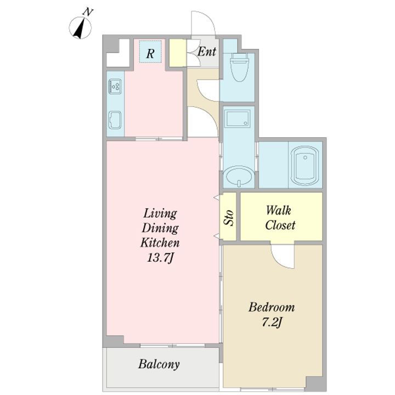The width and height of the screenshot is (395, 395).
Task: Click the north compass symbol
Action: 80,28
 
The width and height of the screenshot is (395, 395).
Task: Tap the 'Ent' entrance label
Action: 207,52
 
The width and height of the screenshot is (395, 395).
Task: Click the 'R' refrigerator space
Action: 150,52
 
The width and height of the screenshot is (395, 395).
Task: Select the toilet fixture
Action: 239,67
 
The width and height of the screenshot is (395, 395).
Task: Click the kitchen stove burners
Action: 115,87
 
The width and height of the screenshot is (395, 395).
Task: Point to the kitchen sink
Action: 115,120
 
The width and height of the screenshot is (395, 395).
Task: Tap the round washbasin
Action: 239,176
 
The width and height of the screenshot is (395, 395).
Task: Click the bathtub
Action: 305,166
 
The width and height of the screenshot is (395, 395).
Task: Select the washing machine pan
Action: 238,119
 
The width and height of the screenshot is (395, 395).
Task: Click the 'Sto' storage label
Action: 228,218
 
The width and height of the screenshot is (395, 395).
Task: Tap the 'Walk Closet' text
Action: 280,218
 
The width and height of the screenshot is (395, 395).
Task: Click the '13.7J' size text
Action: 160,258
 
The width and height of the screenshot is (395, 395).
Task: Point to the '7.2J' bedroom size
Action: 272,322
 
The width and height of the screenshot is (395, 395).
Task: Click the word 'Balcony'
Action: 159,364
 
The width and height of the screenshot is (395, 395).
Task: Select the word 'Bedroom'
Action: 272,307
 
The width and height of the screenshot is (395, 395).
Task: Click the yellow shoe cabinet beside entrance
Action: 178,53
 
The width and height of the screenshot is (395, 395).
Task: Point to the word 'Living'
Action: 160,214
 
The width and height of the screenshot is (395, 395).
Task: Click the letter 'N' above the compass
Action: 88,12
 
